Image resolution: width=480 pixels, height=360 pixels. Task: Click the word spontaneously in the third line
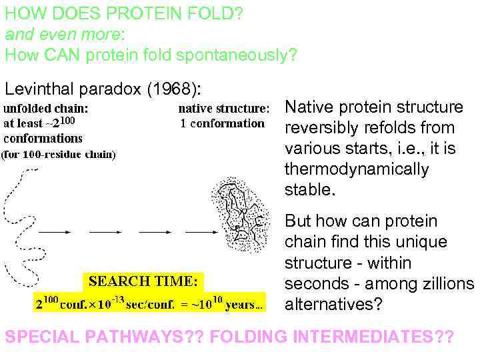(238, 55)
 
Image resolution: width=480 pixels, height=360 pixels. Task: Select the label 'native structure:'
(224, 108)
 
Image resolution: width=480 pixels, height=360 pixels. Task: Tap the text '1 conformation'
(222, 123)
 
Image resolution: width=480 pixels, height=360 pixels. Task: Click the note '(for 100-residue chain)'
(59, 156)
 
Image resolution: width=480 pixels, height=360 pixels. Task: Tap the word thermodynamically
(357, 169)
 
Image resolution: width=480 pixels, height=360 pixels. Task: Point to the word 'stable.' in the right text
(308, 191)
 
